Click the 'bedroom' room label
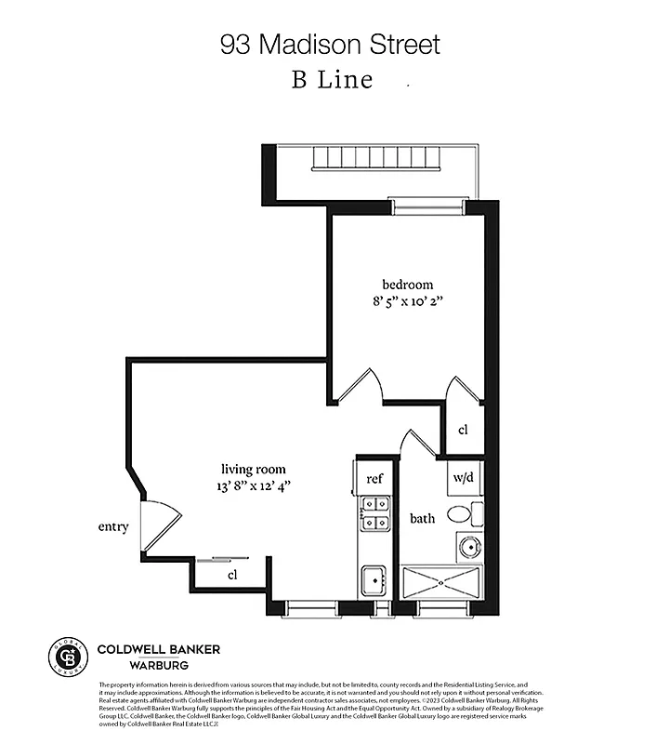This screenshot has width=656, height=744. tap(407, 284)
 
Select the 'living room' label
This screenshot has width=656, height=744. tap(253, 469)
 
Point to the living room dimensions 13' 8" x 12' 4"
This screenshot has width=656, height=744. tap(253, 486)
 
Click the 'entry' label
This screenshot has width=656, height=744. tap(113, 527)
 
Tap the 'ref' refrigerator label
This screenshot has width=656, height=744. tap(374, 478)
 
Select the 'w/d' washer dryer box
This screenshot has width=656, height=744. tap(463, 478)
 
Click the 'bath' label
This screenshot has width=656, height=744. tap(423, 518)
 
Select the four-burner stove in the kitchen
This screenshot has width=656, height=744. tap(375, 513)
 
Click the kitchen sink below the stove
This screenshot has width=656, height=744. tap(375, 579)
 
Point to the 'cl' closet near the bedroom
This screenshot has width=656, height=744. tap(463, 430)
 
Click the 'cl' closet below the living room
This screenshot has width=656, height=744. tap(232, 575)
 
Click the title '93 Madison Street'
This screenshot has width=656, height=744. tap(329, 44)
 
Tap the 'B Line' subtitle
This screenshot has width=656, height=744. tap(332, 80)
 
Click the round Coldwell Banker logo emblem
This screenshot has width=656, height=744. tap(66, 657)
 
